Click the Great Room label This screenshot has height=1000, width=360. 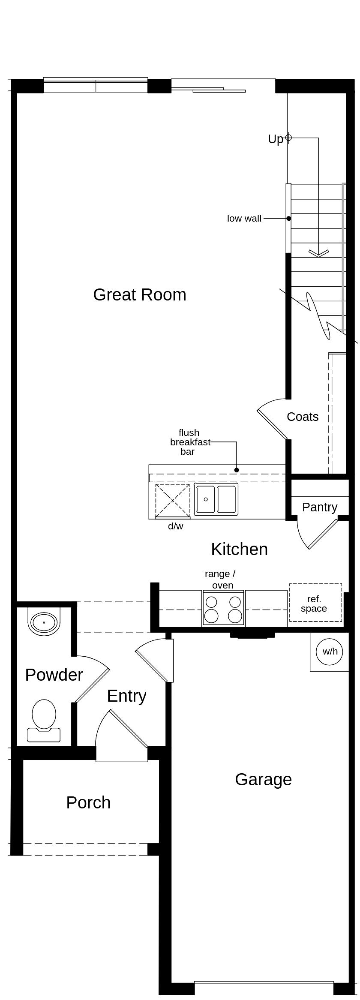[140, 295]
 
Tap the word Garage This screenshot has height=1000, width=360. [263, 779]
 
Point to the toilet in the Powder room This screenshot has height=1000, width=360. [44, 720]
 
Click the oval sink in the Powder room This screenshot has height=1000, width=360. [44, 622]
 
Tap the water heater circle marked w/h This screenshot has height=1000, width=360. [330, 652]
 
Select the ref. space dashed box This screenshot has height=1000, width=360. [315, 603]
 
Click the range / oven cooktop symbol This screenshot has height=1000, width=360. [223, 608]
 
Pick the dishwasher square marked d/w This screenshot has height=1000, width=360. [172, 500]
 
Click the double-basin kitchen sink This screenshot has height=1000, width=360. [216, 499]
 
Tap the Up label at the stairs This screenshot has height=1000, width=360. [276, 139]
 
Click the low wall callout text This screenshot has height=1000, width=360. [244, 219]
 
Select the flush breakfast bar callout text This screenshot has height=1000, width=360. [189, 442]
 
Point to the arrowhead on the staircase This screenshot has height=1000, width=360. [318, 253]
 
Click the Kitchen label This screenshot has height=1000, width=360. [239, 549]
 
